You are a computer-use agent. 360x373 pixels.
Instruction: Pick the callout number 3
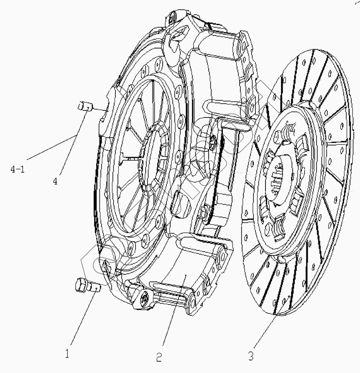click(x=250, y=357)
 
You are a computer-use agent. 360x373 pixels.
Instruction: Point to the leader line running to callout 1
click(x=82, y=317)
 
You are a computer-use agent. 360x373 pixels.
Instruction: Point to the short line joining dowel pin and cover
click(x=99, y=110)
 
